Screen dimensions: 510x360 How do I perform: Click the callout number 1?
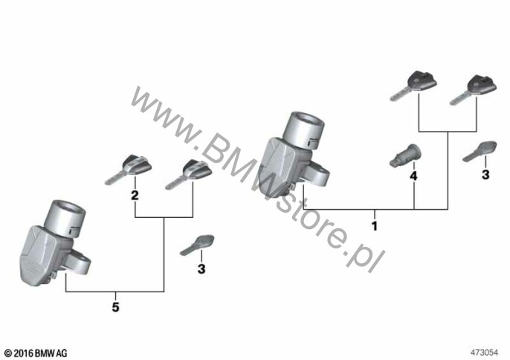pyautogui.click(x=375, y=225)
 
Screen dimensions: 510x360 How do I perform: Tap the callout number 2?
pyautogui.click(x=135, y=196)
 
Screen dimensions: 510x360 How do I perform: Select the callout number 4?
pyautogui.click(x=413, y=176)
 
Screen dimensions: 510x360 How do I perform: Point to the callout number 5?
pyautogui.click(x=115, y=307)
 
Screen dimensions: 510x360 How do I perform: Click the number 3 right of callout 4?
pyautogui.click(x=485, y=175)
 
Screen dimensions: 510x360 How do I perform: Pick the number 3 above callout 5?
pyautogui.click(x=201, y=269)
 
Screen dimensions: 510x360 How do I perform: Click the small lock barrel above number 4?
pyautogui.click(x=405, y=156)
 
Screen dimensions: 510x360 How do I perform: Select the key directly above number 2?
pyautogui.click(x=129, y=170)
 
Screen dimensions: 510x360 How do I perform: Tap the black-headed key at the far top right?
pyautogui.click(x=474, y=89)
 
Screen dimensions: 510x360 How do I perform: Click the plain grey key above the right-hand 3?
pyautogui.click(x=480, y=151)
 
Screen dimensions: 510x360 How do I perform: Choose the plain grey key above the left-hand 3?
pyautogui.click(x=197, y=245)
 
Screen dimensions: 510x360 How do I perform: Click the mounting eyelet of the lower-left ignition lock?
pyautogui.click(x=80, y=262)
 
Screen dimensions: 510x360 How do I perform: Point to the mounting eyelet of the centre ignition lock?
pyautogui.click(x=319, y=175)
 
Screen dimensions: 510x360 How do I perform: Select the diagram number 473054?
pyautogui.click(x=484, y=353)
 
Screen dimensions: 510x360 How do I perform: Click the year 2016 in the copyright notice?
pyautogui.click(x=24, y=353)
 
